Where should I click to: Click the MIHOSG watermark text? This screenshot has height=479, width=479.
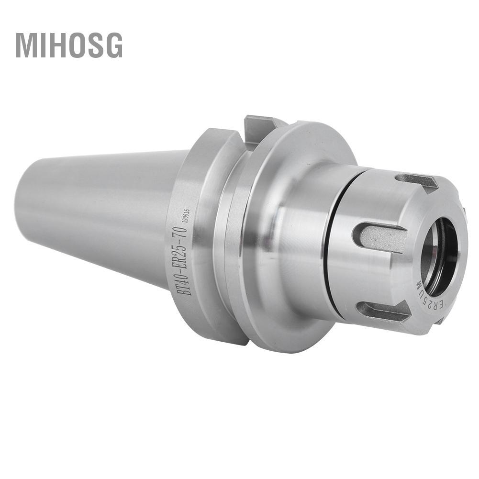pyautogui.click(x=69, y=45)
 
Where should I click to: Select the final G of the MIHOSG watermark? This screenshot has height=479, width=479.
pyautogui.click(x=114, y=45)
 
